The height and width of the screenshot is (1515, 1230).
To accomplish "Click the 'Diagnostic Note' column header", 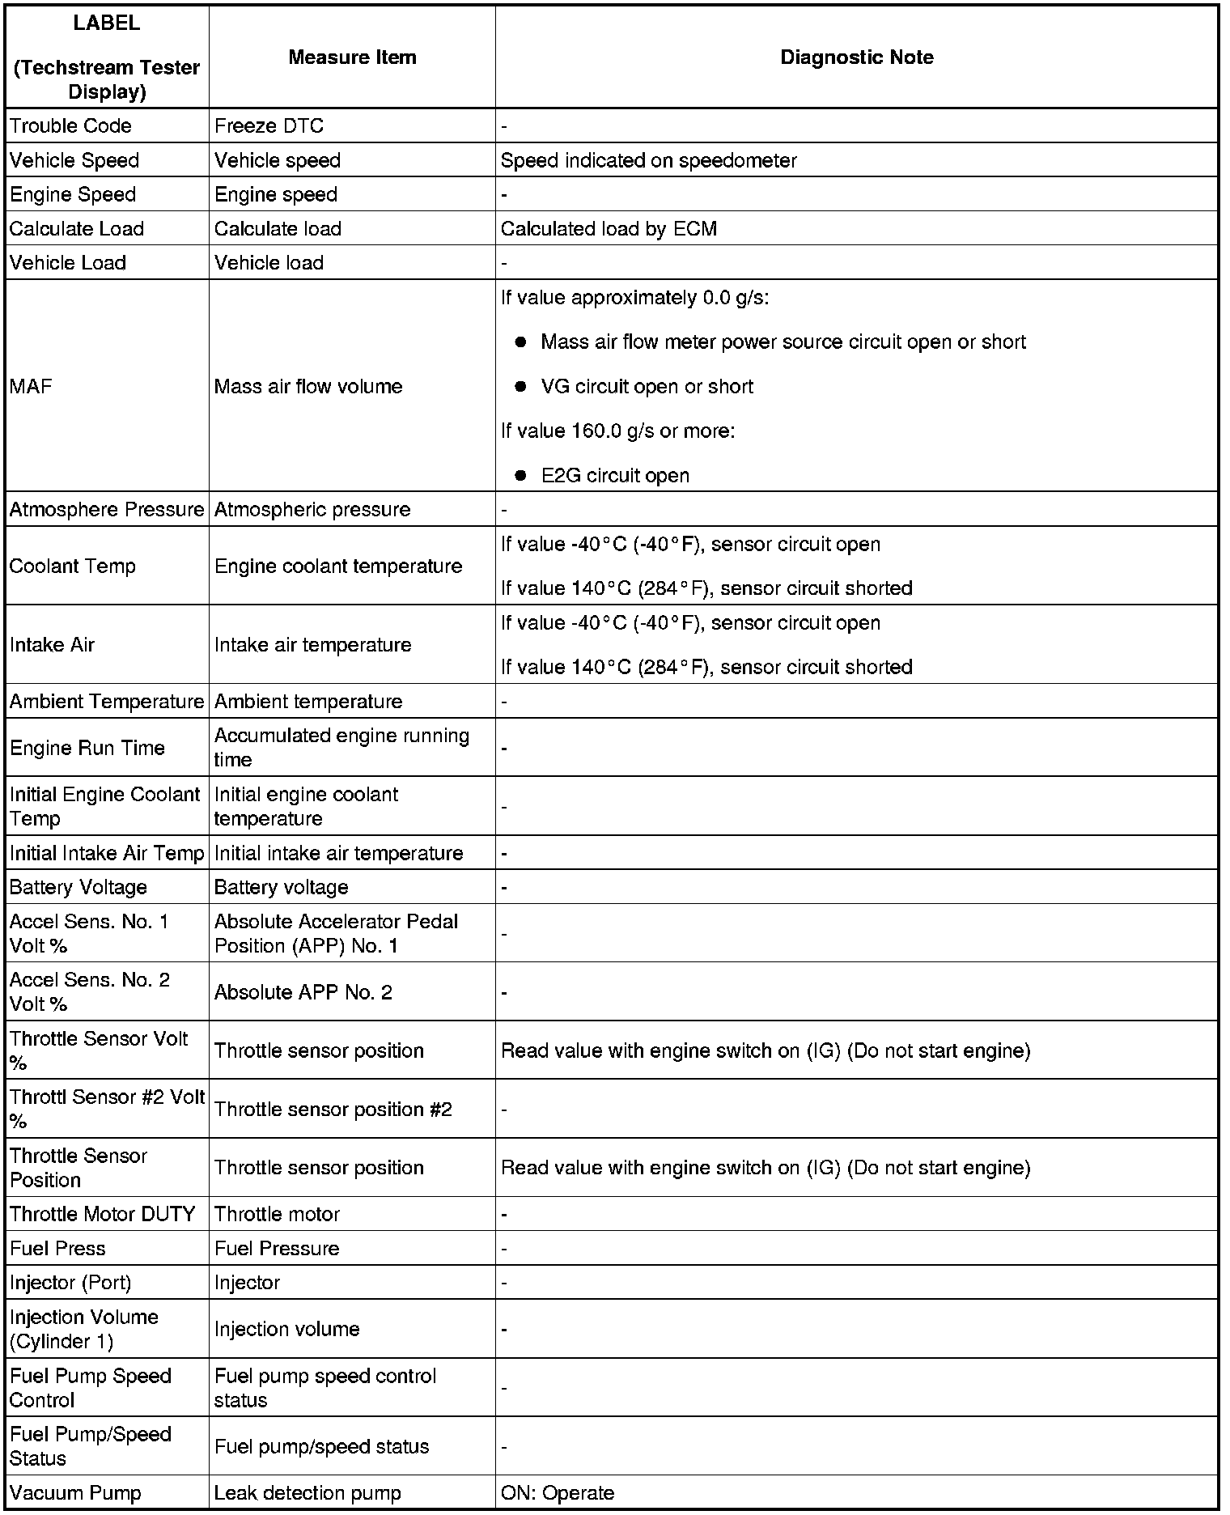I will pos(856,57).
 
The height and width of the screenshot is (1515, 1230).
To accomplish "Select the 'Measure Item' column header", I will pos(352,57).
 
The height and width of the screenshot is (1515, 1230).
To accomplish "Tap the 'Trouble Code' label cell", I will pos(70,126).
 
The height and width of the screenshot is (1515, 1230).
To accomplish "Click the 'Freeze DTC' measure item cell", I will pos(269,126).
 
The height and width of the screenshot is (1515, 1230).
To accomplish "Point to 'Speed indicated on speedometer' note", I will pos(648,160).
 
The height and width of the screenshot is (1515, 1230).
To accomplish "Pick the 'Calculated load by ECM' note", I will pos(609,229).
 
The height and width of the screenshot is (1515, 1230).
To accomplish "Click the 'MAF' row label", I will pos(31,386).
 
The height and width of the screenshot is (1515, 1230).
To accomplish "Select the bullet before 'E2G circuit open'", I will pos(521,476).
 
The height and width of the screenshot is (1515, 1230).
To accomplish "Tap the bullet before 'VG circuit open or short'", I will pos(521,387).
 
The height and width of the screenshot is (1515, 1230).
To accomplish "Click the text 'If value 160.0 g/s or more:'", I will pos(617,431).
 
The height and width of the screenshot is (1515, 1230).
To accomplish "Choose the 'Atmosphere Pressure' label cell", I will pos(107,510).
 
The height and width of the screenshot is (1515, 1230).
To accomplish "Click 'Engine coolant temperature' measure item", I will pos(337,566).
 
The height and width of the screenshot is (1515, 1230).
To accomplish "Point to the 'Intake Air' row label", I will pos(52,645).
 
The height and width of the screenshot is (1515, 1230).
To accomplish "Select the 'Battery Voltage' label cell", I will pos(78,888).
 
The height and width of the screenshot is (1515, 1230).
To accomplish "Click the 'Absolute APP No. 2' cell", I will pos(303,992).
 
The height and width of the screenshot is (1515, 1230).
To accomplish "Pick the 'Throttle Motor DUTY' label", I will pos(103,1214).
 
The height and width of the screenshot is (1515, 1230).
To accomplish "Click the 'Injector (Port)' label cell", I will pos(70,1283).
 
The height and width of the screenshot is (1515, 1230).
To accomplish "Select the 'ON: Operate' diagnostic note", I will pos(557,1493).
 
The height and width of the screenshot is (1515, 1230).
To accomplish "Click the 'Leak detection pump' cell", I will pos(307,1493).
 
